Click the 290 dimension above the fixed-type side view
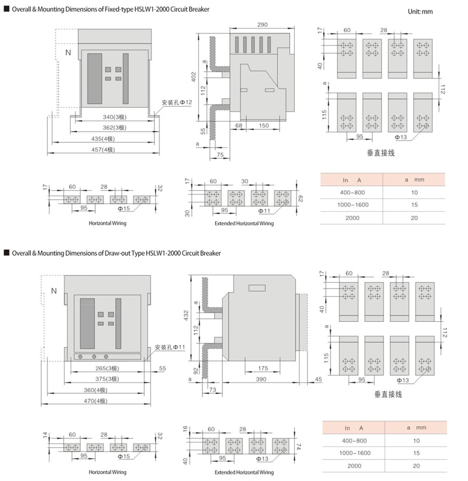(262, 25)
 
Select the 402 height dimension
(194, 77)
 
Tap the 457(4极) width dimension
(103, 150)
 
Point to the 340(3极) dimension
(115, 117)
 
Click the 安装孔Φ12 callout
(177, 102)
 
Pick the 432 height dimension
(186, 315)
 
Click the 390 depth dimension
(261, 379)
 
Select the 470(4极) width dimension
(95, 401)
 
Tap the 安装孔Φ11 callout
(170, 347)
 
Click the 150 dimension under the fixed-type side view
(264, 125)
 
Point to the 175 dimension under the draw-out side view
(263, 368)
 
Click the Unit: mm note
(420, 12)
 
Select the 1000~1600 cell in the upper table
(353, 205)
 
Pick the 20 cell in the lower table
(416, 466)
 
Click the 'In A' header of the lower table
(354, 428)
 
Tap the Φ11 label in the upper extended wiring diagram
(264, 211)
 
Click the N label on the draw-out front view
(54, 291)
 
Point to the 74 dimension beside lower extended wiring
(299, 446)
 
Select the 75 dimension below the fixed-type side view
(220, 155)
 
